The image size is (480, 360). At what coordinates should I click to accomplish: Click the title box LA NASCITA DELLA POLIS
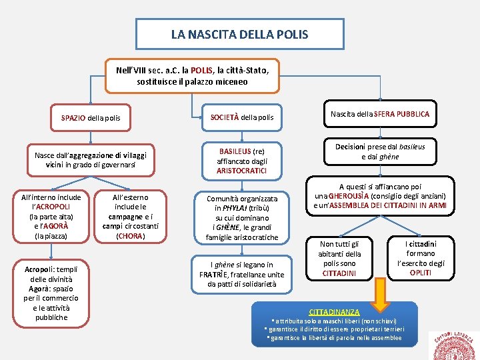[240, 33]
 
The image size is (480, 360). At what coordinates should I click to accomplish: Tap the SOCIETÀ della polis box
[241, 117]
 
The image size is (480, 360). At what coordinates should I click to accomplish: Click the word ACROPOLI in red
[55, 207]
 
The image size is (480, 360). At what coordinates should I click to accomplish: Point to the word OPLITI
[420, 273]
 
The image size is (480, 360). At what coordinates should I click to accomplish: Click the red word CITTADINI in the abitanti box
[339, 273]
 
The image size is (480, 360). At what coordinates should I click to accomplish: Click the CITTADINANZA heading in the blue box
[334, 311]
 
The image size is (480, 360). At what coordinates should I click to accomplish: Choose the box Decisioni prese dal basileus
[379, 151]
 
